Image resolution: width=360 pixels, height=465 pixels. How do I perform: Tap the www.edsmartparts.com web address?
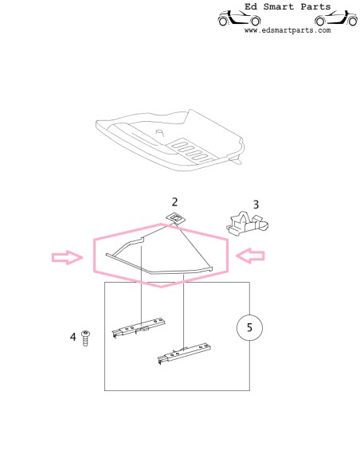pyautogui.click(x=287, y=30)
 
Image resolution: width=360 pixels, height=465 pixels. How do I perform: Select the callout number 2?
pyautogui.click(x=174, y=203)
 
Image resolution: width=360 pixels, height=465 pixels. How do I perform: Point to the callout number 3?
pyautogui.click(x=256, y=204)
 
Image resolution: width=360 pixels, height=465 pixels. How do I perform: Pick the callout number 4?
pyautogui.click(x=73, y=338)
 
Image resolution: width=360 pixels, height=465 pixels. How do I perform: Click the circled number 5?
pyautogui.click(x=248, y=326)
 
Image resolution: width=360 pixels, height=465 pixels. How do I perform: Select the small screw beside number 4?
pyautogui.click(x=86, y=338)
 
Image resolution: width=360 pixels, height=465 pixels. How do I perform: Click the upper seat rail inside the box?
pyautogui.click(x=141, y=327)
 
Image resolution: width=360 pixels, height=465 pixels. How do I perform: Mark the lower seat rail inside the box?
pyautogui.click(x=185, y=352)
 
